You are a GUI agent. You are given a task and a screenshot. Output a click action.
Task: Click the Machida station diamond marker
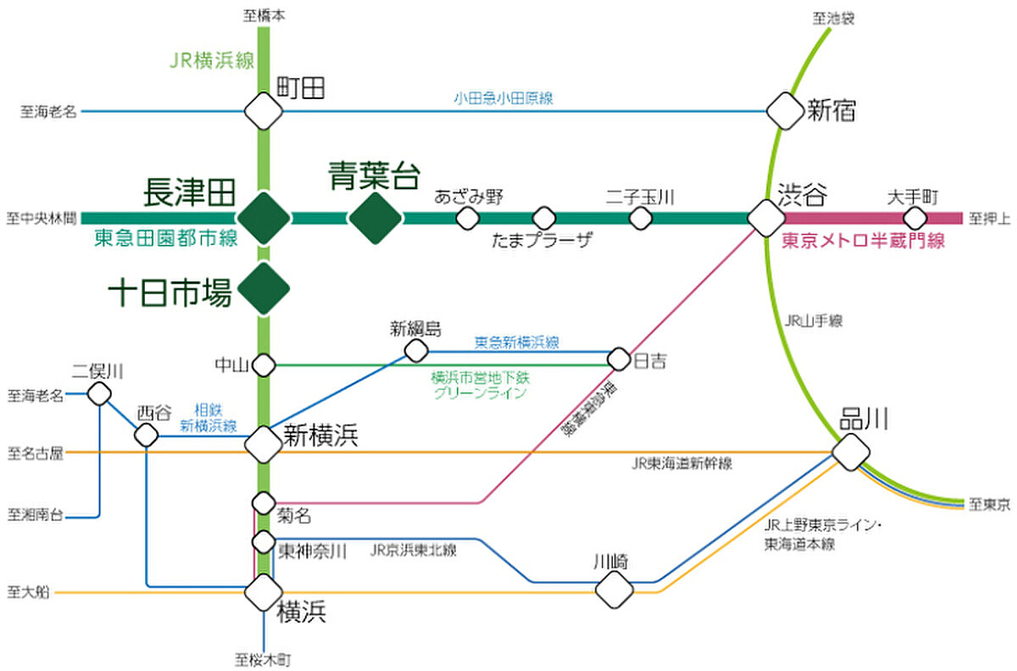(264, 110)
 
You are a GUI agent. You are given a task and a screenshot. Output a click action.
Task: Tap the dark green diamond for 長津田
(264, 218)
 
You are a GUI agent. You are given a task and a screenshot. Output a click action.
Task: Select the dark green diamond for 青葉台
(375, 218)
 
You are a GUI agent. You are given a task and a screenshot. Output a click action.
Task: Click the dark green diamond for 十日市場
(264, 289)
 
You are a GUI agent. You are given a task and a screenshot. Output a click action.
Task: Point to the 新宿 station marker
(785, 110)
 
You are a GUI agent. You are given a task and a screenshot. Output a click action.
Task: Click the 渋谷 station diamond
(767, 218)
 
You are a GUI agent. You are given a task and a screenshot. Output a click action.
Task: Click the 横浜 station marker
(264, 591)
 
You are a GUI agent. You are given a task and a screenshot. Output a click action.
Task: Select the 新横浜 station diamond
(264, 442)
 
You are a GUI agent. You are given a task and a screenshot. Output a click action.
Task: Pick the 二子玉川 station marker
(641, 219)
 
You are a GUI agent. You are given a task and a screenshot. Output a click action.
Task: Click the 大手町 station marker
(915, 219)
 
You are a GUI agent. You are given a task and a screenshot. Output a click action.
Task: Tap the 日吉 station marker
(619, 359)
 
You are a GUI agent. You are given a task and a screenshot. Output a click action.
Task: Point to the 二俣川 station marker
(100, 393)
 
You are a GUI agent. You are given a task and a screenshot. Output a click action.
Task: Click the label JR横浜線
(208, 62)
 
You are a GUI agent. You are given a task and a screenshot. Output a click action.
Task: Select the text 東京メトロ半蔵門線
(863, 241)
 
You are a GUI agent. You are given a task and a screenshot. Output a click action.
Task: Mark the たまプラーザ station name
(541, 241)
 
